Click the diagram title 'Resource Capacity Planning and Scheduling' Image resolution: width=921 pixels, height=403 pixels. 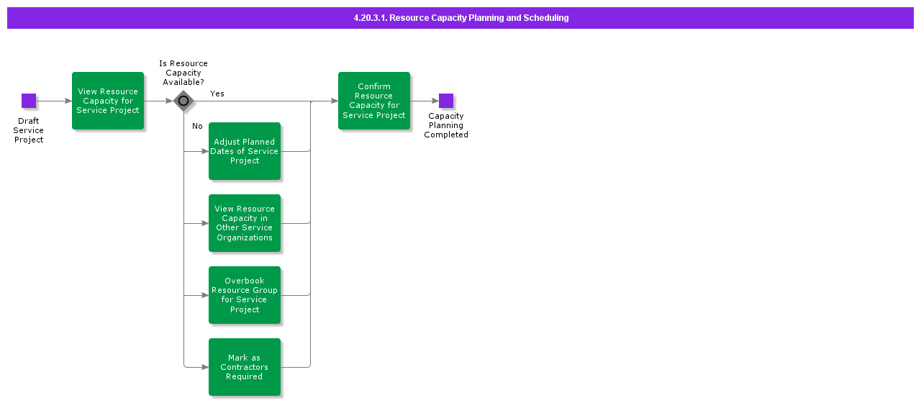tap(460, 18)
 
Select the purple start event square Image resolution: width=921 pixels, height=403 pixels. tap(29, 101)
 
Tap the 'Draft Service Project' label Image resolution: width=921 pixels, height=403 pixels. tap(29, 130)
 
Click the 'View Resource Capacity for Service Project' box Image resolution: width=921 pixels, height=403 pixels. tap(108, 101)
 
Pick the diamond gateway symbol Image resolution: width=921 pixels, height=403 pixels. tap(183, 101)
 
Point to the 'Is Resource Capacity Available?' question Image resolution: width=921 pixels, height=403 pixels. tap(183, 73)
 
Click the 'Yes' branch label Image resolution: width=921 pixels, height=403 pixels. tap(217, 94)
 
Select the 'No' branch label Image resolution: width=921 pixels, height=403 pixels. tap(197, 126)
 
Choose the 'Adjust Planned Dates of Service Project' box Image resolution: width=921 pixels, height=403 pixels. tap(245, 151)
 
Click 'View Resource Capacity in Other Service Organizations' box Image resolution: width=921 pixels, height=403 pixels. tap(245, 223)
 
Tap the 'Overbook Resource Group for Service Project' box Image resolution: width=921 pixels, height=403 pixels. tap(245, 295)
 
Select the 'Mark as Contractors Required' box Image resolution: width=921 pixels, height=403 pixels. tap(245, 367)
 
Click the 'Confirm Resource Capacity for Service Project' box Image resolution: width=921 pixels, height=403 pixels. tap(374, 101)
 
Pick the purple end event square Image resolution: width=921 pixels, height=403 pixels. tap(446, 101)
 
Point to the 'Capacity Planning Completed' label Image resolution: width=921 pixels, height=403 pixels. tap(446, 125)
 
